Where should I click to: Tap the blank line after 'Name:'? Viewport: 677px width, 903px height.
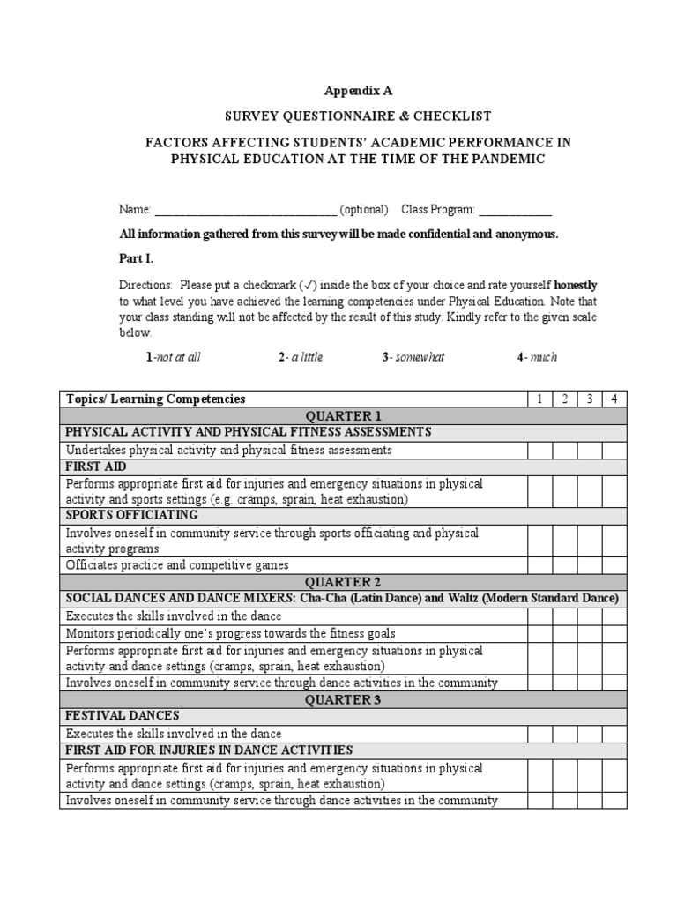246,211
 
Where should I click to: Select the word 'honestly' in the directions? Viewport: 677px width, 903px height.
575,285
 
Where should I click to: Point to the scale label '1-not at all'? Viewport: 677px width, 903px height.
174,357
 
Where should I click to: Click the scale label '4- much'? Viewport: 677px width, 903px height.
537,357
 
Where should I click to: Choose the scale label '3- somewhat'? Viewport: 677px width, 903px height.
414,357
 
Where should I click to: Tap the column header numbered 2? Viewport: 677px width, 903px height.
565,399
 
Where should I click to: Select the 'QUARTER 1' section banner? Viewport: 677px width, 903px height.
344,416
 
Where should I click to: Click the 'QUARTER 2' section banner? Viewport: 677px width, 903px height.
344,582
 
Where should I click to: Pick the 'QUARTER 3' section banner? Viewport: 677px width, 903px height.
344,699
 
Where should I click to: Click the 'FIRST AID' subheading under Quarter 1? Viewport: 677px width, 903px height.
96,466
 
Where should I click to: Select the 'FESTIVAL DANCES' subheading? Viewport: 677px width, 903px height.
123,716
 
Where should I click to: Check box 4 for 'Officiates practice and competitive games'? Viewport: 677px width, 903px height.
614,565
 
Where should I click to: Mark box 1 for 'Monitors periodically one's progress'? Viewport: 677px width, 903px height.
539,633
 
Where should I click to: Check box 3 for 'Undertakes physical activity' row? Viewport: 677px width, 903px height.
590,450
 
